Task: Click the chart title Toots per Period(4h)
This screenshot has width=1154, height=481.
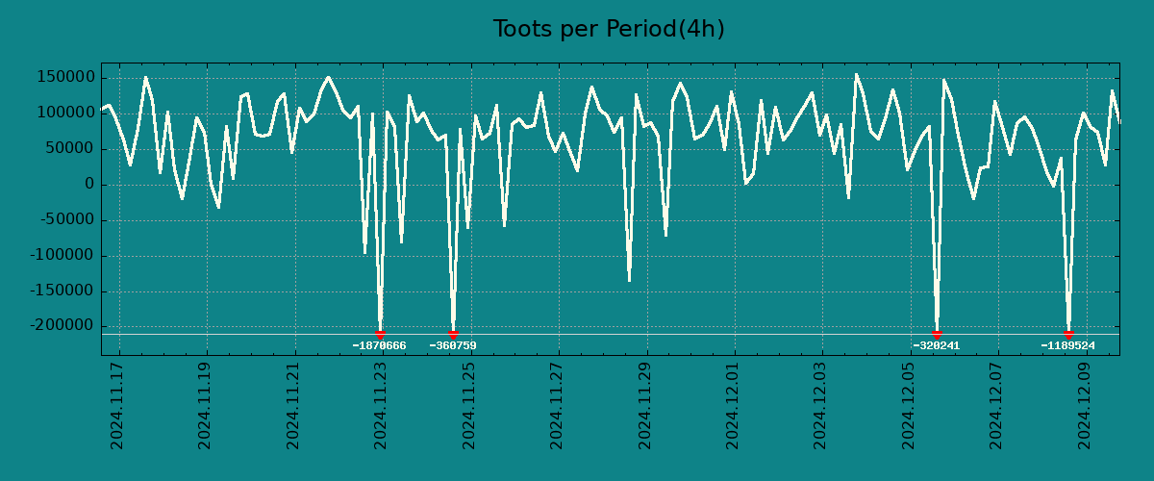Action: (x=609, y=30)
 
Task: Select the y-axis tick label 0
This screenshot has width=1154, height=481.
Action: (x=88, y=185)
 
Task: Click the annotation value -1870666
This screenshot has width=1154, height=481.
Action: (x=379, y=346)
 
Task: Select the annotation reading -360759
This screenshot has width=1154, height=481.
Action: (x=453, y=346)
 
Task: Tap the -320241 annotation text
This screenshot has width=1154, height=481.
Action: (x=937, y=346)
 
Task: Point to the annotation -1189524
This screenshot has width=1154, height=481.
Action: (x=1067, y=346)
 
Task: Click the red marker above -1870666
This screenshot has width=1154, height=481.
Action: (x=380, y=334)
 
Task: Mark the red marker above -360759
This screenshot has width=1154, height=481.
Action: (x=453, y=334)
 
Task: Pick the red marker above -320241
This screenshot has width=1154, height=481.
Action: (x=937, y=334)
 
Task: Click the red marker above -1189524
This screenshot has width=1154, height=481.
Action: (x=1068, y=334)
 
